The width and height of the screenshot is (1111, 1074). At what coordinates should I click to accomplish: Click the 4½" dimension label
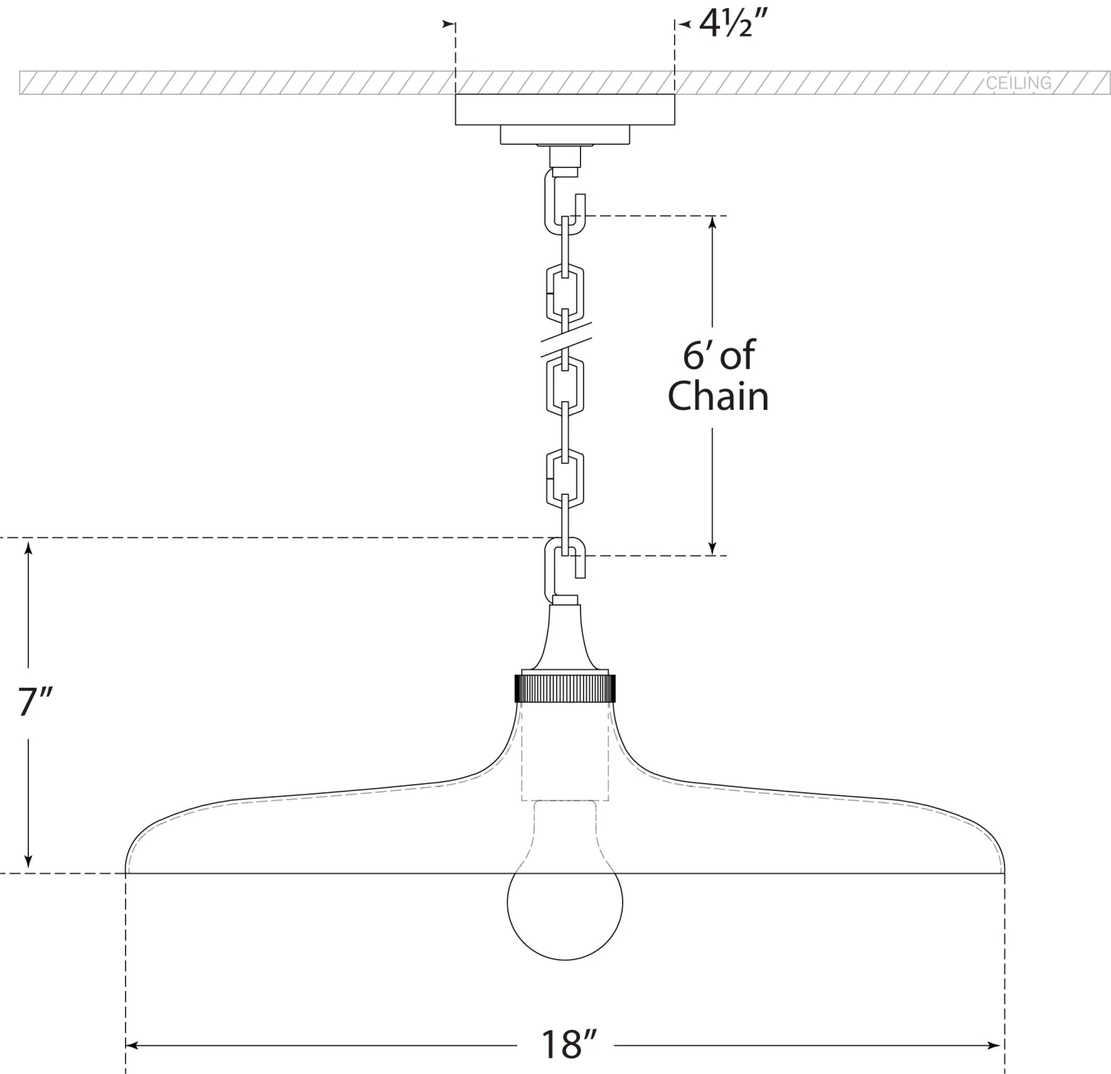click(x=731, y=25)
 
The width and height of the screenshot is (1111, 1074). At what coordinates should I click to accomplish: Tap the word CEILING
click(x=1018, y=82)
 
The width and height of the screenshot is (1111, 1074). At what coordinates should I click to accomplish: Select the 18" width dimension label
click(x=568, y=1045)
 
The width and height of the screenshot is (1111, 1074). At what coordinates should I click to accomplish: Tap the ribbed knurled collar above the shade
click(x=565, y=688)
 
